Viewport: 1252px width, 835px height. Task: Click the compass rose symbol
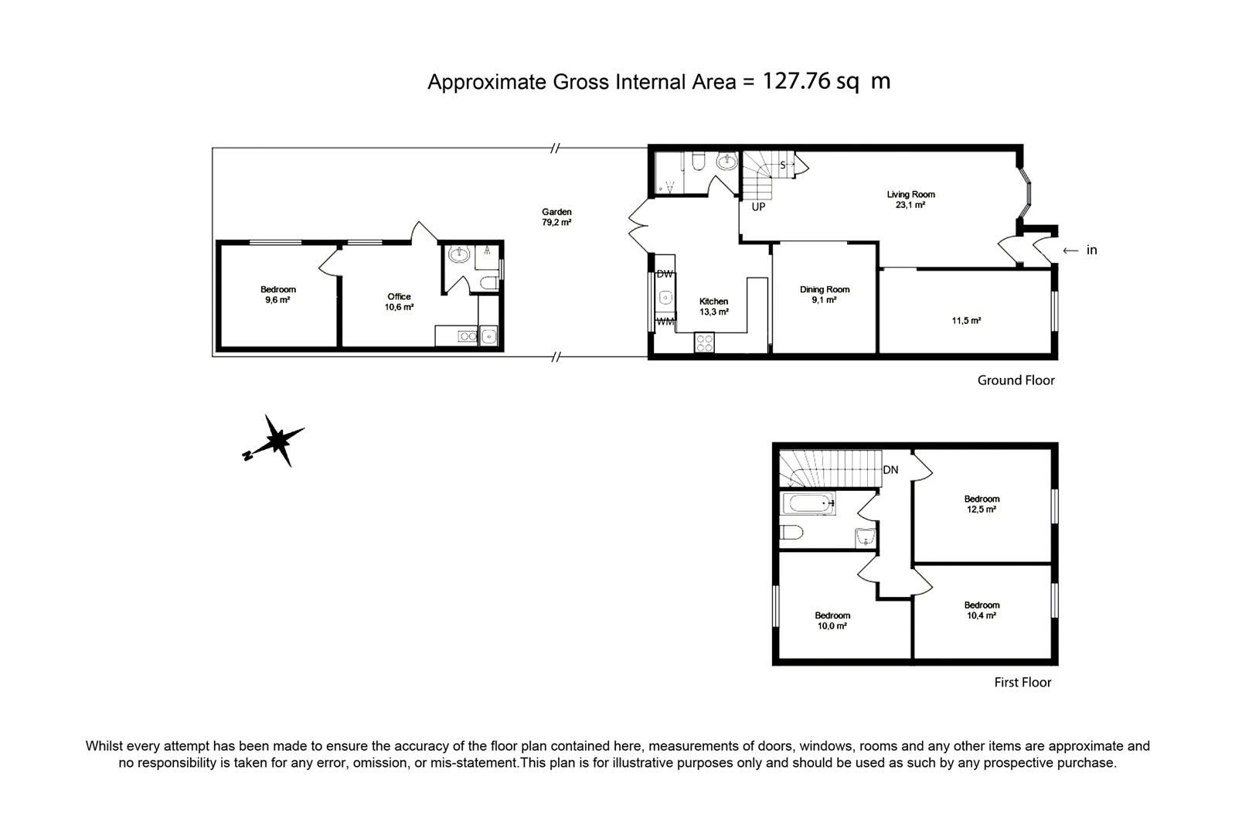[276, 441]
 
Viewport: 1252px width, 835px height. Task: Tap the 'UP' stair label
[758, 207]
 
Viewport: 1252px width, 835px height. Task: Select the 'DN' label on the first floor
[890, 470]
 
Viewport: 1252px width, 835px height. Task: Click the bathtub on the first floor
[808, 503]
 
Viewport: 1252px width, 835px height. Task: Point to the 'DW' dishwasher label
[665, 274]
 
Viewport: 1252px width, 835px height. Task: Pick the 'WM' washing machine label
[665, 322]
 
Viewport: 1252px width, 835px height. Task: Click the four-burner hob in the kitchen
[704, 343]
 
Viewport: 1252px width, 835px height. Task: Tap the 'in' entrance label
[1091, 250]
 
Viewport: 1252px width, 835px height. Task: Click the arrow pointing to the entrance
[1070, 250]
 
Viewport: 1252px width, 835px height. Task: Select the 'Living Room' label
[910, 195]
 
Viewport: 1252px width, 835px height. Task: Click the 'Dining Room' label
[825, 289]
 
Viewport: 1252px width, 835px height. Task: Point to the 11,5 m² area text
[966, 320]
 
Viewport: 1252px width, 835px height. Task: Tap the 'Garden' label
[556, 212]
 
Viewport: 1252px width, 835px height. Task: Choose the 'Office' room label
[399, 296]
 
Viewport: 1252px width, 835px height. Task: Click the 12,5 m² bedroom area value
[982, 510]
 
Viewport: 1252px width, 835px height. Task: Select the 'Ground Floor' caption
[1016, 380]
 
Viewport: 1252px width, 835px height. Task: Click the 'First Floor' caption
[1022, 683]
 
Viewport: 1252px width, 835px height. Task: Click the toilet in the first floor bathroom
[791, 532]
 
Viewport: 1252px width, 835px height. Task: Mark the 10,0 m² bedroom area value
[832, 625]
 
